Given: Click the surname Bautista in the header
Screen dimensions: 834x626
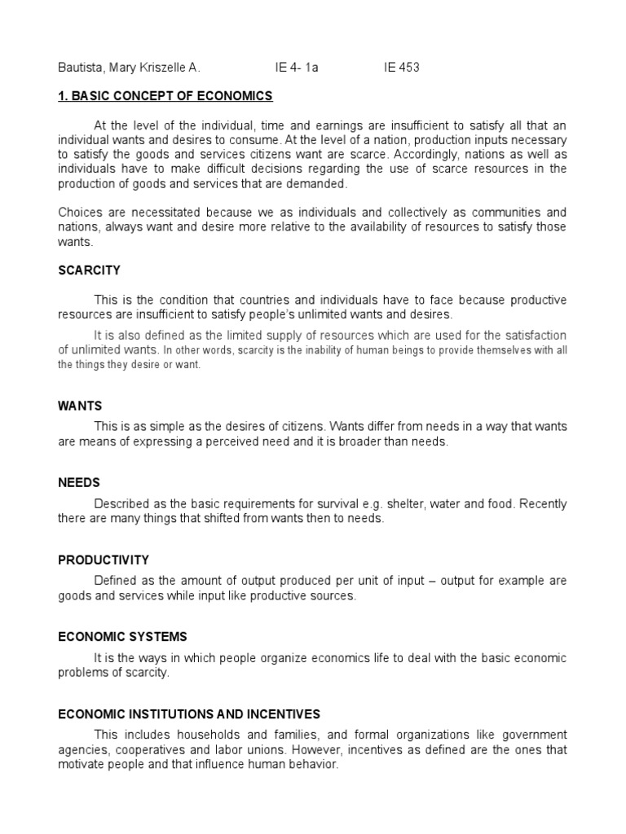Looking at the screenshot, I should [82, 68].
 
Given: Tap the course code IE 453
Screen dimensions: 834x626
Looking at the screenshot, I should [402, 68].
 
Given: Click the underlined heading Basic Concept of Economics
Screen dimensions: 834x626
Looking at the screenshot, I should [165, 96].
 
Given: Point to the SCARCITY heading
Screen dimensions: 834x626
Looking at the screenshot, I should [90, 270].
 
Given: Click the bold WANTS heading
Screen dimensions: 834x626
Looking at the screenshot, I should [80, 405].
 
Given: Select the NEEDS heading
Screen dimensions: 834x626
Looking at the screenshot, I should [79, 483].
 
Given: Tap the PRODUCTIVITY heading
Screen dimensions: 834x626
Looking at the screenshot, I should [104, 560].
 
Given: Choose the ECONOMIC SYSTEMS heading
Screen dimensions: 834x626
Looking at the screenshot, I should [123, 637].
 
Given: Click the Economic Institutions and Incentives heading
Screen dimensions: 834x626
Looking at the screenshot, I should [189, 714].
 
